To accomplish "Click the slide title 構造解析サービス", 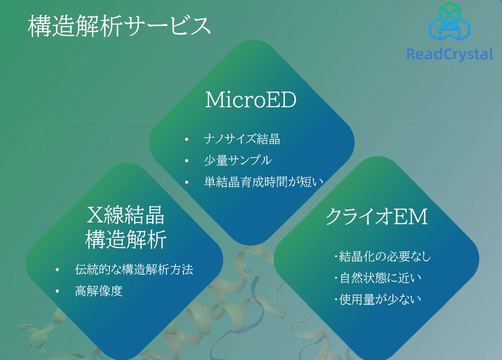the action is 119,26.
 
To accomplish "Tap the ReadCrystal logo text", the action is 450,54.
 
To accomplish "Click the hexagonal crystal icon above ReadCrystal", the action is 449,22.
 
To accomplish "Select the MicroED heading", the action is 251,100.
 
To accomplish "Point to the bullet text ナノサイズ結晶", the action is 242,139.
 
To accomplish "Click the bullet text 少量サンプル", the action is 238,160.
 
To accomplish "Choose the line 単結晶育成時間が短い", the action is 264,182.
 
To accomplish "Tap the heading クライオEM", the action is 376,216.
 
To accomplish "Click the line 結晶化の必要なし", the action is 382,257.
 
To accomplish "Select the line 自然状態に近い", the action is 378,278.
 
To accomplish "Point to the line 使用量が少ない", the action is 378,299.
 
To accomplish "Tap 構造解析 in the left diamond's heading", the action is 126,239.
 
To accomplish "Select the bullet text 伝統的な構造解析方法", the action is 134,269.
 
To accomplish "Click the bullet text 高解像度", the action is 99,291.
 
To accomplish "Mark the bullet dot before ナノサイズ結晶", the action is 187,139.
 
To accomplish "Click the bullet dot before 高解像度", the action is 57,291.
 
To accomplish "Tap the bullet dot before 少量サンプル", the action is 187,161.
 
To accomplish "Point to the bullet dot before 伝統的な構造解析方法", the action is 57,270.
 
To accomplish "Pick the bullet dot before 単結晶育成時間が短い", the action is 187,182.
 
